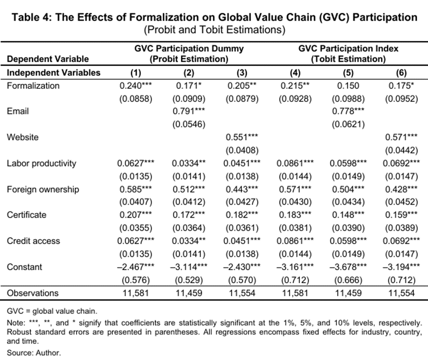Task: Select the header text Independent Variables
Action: [53, 73]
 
